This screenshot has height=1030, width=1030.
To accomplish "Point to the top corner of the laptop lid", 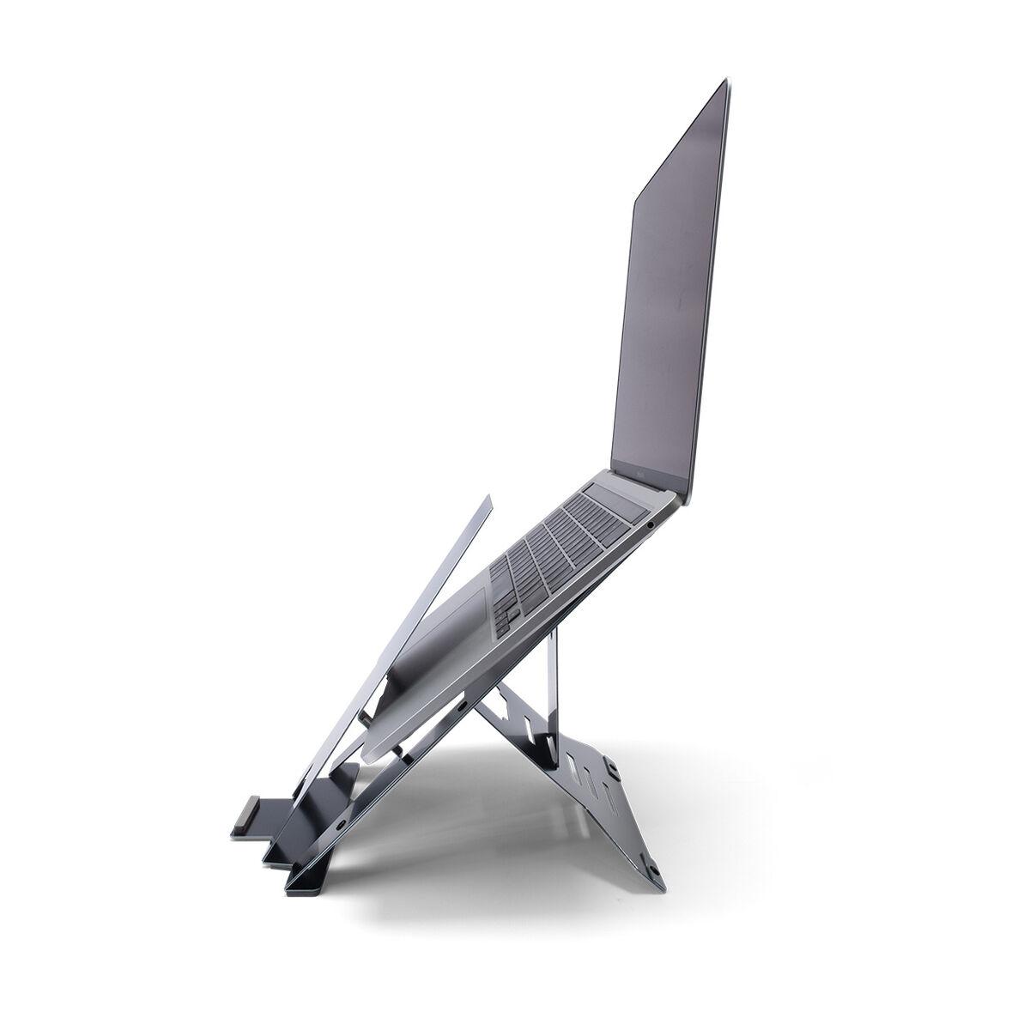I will pos(725,82).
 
